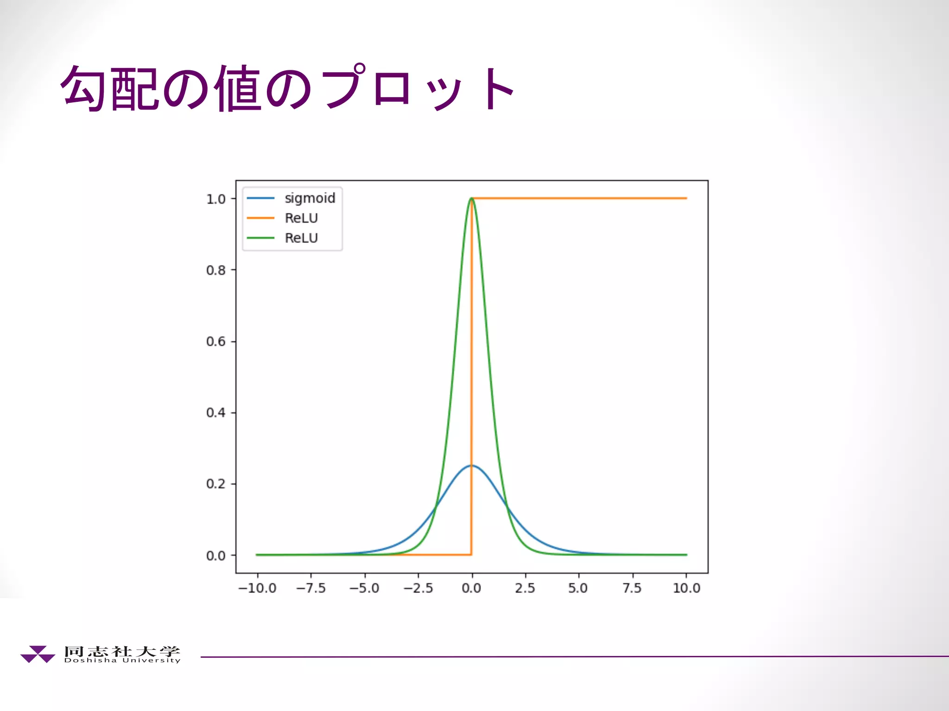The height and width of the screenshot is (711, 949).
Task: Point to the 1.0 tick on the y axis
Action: [216, 199]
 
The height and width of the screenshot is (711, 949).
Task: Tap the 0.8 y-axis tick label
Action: [216, 270]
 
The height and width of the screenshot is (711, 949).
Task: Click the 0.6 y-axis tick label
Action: [216, 342]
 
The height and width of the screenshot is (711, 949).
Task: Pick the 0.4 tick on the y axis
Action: [216, 412]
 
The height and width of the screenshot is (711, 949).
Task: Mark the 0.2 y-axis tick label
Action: [216, 484]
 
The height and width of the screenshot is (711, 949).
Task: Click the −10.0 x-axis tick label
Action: [257, 588]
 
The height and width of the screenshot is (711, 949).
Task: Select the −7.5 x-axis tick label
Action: [311, 588]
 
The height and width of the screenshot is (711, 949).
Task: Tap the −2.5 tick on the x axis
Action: [418, 588]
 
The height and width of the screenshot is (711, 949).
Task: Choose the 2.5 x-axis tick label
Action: [525, 588]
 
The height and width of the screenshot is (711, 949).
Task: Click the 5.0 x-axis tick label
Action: [578, 588]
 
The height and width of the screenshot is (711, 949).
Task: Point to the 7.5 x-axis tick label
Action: [632, 588]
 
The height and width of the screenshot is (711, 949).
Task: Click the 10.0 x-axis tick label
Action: [686, 588]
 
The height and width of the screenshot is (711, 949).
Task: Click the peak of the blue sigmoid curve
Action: [472, 466]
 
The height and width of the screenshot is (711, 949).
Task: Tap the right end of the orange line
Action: [686, 198]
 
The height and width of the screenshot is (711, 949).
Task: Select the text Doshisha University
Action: [122, 661]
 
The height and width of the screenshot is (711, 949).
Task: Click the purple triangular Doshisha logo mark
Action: [38, 654]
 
